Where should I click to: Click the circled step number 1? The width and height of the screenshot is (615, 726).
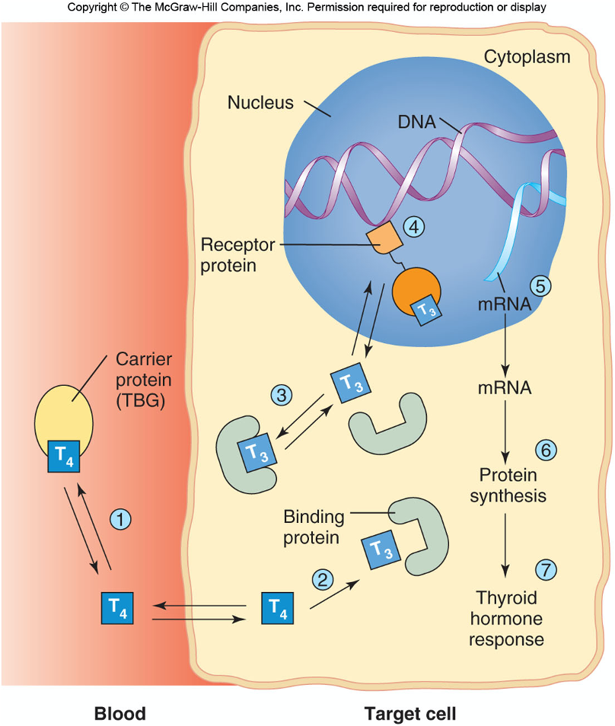pos(121,520)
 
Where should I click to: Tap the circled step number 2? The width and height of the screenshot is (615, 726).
pos(324,579)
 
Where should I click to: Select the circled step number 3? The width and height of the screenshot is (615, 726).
pos(282,395)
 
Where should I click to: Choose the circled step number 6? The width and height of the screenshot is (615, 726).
pos(546,450)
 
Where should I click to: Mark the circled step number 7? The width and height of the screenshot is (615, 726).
pos(546,568)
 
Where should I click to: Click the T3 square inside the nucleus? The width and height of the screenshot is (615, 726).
pos(425,308)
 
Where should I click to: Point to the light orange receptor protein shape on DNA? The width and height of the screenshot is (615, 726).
pos(384,240)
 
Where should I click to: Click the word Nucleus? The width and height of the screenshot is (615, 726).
pos(260,102)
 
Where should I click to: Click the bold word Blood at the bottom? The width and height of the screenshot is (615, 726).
pos(119,713)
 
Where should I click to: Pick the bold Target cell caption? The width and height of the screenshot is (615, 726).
pos(410,713)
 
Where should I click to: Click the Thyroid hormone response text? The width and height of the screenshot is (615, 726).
pos(506,618)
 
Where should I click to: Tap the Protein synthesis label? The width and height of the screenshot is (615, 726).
pos(508,486)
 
